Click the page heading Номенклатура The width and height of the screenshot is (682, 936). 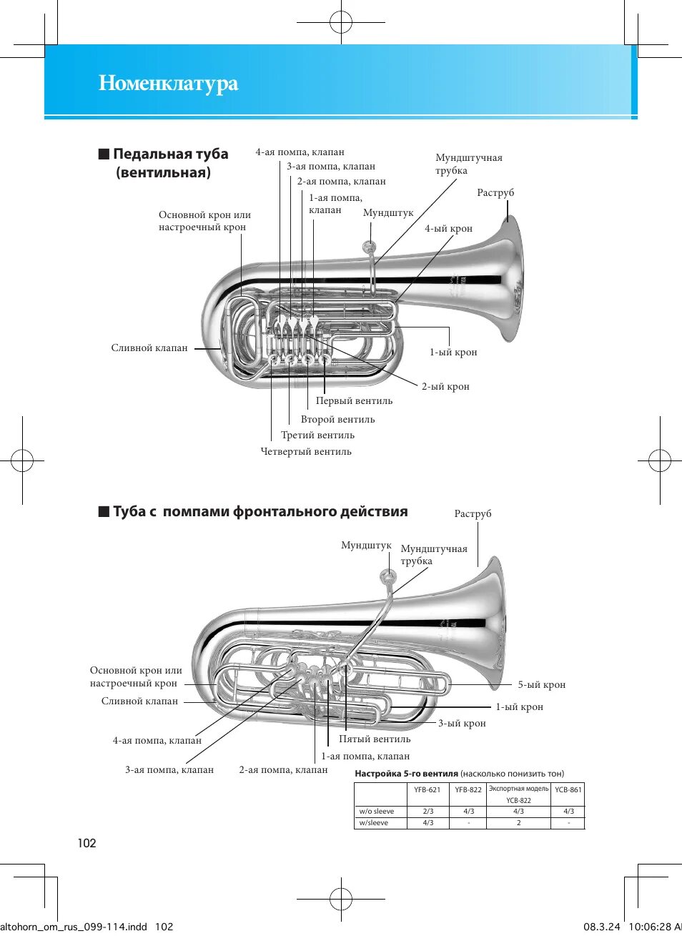[168, 84]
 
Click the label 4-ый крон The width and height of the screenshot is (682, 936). [448, 229]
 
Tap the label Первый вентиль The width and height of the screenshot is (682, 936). [354, 401]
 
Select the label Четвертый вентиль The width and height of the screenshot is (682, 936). [306, 452]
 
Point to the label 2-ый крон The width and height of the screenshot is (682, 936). [445, 387]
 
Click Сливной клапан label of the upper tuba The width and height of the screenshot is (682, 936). [149, 348]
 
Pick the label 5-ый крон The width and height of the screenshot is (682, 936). [541, 685]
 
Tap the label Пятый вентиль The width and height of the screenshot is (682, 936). [375, 739]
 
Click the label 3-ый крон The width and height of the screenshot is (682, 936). [462, 724]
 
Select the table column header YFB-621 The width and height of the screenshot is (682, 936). [428, 790]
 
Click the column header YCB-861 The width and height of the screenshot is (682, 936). [568, 790]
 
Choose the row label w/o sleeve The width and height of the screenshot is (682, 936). [377, 812]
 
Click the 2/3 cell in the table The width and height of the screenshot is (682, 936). [428, 812]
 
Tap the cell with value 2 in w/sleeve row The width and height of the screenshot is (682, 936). [518, 823]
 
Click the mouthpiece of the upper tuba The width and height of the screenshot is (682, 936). [370, 247]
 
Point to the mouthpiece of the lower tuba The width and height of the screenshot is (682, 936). [388, 576]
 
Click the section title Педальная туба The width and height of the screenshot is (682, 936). [170, 154]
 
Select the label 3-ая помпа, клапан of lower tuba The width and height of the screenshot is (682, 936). [169, 770]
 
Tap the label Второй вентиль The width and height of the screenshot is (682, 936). [337, 420]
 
